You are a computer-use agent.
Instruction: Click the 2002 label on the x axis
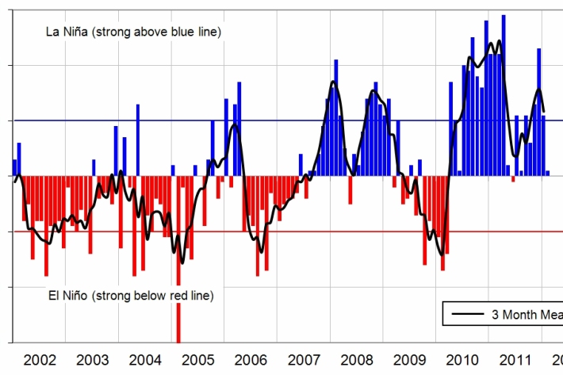(40, 360)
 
